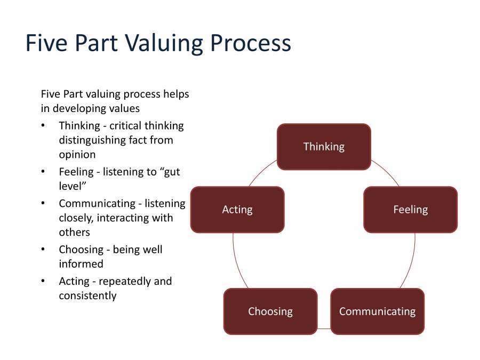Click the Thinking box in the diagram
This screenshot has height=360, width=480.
(x=324, y=147)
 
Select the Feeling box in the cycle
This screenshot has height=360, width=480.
(x=410, y=210)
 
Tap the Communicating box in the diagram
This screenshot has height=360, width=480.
(x=377, y=311)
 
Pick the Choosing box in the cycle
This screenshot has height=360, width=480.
(x=270, y=311)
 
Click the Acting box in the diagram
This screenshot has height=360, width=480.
(x=237, y=210)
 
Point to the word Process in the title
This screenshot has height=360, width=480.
(x=250, y=43)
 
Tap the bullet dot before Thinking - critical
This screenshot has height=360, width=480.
(x=43, y=126)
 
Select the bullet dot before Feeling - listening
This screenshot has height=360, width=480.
(x=43, y=172)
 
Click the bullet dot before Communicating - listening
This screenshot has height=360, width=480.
(x=43, y=204)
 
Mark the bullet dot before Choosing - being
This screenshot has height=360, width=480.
(x=43, y=250)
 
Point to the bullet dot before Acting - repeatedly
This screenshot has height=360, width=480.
(x=43, y=281)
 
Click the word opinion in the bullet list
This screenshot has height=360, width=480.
(x=77, y=155)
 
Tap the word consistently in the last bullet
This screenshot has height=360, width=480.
(x=87, y=295)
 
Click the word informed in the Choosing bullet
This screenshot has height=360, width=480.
(x=81, y=264)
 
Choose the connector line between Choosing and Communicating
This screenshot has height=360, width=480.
(x=324, y=329)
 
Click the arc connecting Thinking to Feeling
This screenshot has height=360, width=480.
(x=386, y=172)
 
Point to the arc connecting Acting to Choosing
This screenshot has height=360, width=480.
(x=237, y=264)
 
